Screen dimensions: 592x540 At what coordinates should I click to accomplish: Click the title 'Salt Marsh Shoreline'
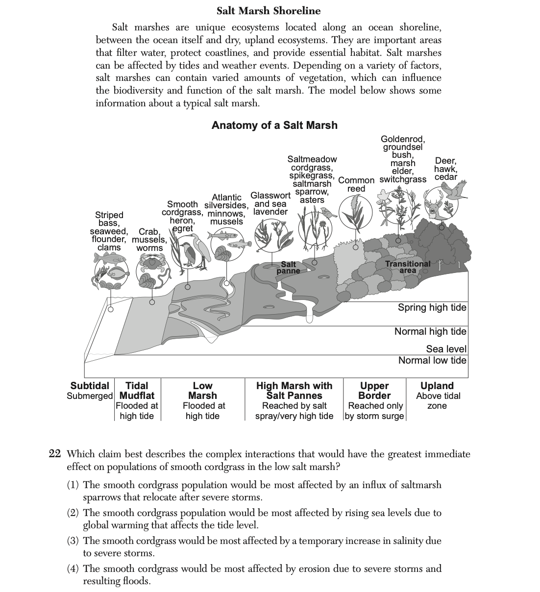(x=269, y=11)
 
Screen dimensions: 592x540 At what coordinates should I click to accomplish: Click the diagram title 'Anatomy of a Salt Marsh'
(x=274, y=125)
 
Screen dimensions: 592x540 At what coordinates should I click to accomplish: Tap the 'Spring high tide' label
(x=432, y=308)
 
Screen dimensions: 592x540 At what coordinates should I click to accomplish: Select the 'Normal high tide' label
(x=430, y=332)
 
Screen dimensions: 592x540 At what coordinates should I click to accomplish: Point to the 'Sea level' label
(x=446, y=349)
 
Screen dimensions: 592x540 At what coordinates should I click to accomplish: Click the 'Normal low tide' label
(x=432, y=361)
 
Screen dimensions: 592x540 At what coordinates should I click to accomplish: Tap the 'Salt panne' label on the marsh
(x=288, y=268)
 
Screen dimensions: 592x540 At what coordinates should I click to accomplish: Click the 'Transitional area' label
(x=408, y=267)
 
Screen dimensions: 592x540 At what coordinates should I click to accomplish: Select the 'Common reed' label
(x=356, y=184)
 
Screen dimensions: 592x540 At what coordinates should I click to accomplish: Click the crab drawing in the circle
(x=151, y=265)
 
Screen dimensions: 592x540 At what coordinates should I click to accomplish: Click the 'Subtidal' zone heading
(x=90, y=386)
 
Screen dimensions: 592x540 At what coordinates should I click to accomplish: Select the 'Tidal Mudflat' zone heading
(x=137, y=391)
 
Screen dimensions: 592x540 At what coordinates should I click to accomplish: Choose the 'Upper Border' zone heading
(x=374, y=391)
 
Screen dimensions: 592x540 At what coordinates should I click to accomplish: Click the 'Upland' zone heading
(x=437, y=386)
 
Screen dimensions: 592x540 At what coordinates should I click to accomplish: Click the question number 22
(x=54, y=454)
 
